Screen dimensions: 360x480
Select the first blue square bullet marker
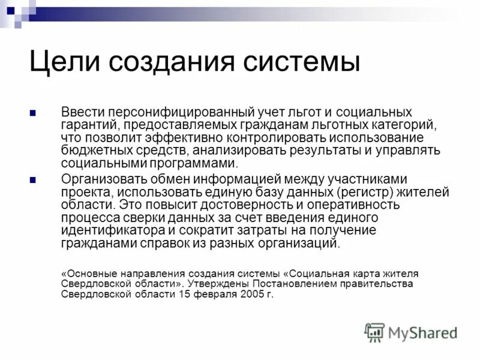(34, 113)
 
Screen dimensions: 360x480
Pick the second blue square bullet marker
(34, 179)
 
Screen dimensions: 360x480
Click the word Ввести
(83, 113)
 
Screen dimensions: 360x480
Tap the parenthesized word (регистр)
(370, 192)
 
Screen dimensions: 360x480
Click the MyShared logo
(412, 332)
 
